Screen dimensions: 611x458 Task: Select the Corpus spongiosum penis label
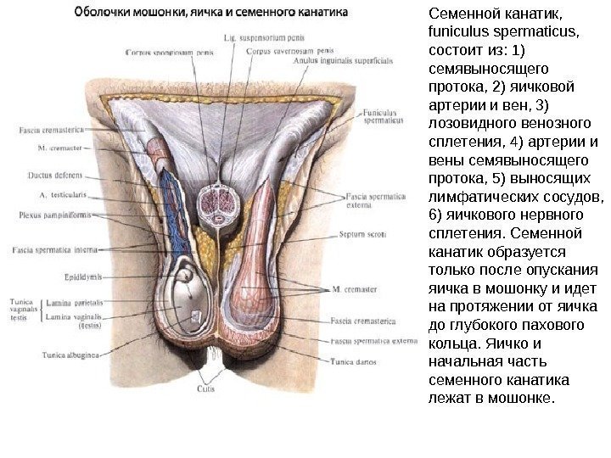[x=169, y=52]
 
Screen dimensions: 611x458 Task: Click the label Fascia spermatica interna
[x=50, y=250]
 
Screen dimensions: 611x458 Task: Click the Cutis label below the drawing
[x=206, y=388]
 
